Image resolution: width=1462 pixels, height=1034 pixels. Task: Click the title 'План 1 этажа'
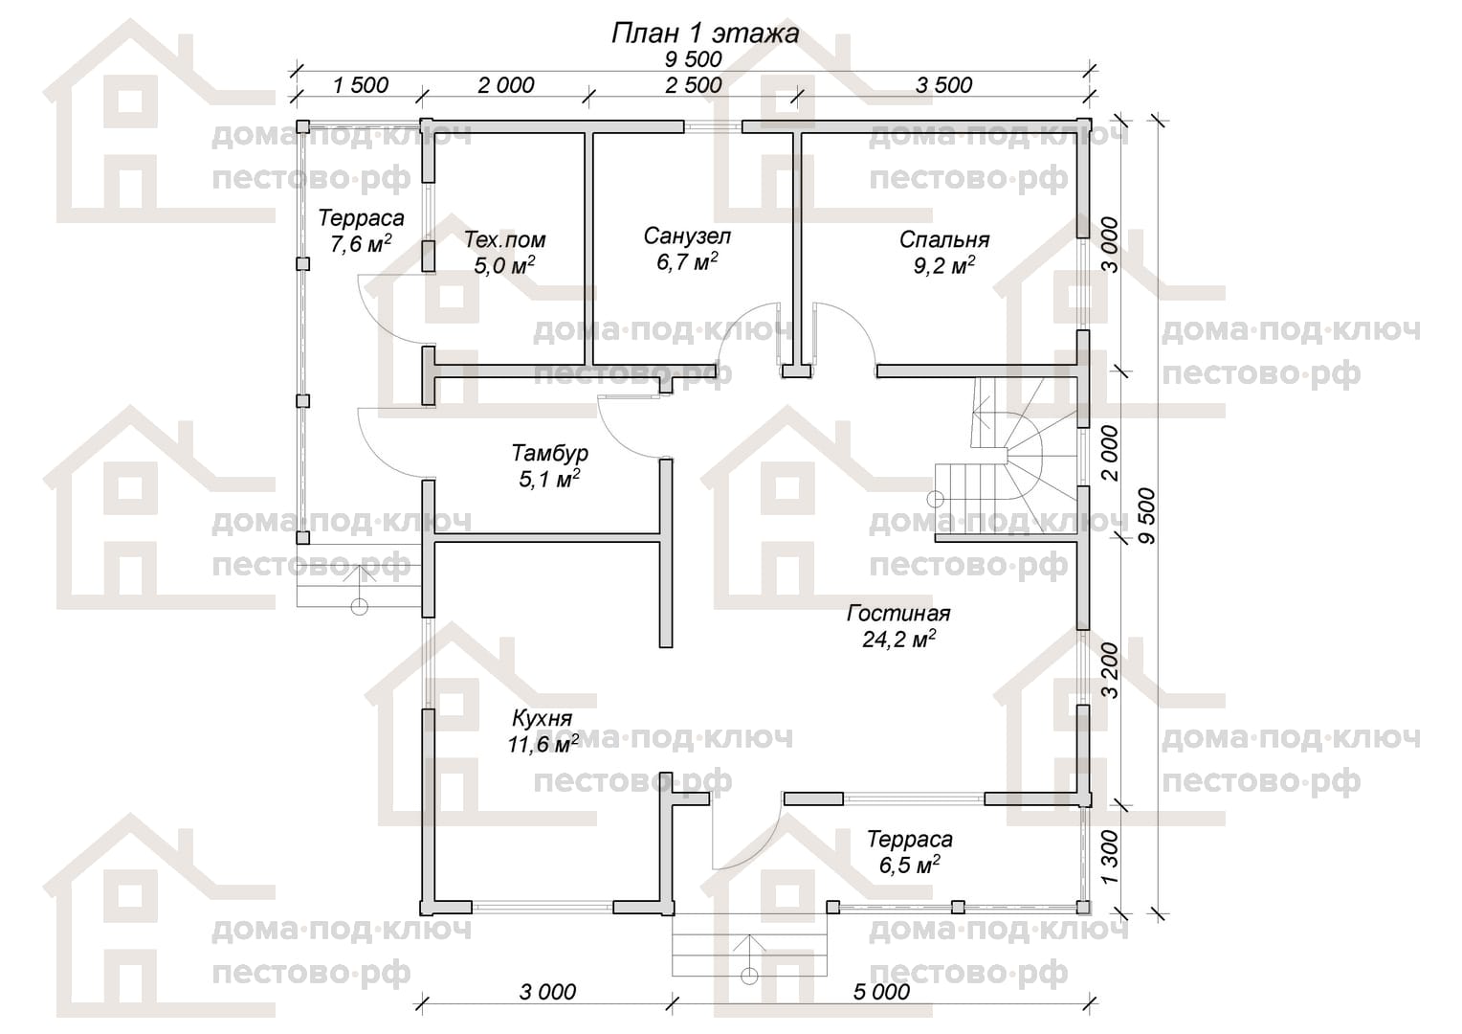click(x=705, y=34)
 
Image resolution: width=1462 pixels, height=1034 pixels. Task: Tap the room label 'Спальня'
click(x=943, y=239)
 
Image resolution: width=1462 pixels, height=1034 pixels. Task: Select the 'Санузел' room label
click(x=687, y=236)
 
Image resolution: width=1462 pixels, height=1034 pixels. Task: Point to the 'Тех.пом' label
click(x=504, y=239)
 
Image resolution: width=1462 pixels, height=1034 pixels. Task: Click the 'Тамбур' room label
click(x=549, y=453)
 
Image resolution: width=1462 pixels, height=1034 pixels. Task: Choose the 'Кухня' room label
click(x=542, y=718)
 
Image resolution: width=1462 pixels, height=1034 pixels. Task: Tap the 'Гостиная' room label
click(x=898, y=614)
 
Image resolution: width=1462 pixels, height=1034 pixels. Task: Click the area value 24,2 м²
click(x=898, y=639)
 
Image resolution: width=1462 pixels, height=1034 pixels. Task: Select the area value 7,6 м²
click(x=361, y=243)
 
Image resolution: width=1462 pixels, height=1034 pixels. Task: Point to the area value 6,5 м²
click(x=909, y=865)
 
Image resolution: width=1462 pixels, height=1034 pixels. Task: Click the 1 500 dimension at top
click(x=361, y=85)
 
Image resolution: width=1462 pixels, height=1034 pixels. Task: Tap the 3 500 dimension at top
click(x=943, y=85)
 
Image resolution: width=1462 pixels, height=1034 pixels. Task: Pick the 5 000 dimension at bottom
click(x=881, y=992)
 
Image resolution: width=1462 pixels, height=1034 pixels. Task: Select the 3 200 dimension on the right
click(x=1110, y=671)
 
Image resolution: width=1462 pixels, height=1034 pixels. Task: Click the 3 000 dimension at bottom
click(x=547, y=992)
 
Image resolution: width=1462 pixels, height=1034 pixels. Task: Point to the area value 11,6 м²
click(x=543, y=744)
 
